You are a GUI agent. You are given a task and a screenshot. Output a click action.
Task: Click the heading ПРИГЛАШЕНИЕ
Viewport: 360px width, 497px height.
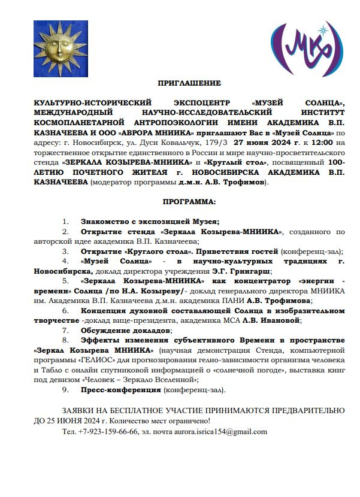(x=189, y=83)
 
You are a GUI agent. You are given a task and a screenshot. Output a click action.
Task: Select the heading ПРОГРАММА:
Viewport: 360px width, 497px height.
(x=189, y=203)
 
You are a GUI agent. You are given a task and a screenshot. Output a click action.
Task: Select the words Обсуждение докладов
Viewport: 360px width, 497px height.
(x=126, y=331)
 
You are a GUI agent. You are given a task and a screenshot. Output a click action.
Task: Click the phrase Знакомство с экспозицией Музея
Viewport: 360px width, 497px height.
(x=150, y=222)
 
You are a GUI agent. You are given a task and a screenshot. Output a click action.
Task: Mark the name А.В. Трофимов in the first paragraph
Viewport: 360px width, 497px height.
(x=235, y=181)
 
